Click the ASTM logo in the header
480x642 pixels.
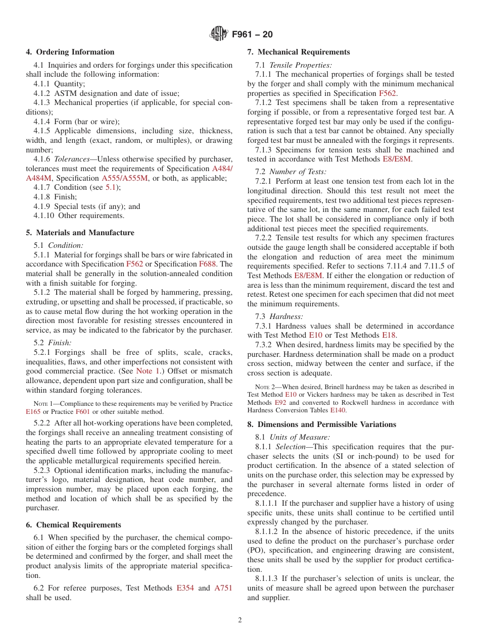point(218,34)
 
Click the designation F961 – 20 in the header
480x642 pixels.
point(252,34)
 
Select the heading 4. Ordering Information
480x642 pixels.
point(70,52)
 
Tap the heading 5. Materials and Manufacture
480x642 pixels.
point(80,233)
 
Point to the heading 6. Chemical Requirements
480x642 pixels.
point(74,525)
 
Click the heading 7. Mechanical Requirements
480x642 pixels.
point(299,52)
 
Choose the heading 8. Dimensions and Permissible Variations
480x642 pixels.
point(322,424)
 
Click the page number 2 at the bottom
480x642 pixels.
point(240,620)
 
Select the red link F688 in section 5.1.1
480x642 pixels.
point(208,264)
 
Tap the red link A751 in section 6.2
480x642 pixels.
point(223,589)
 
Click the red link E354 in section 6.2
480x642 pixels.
point(185,589)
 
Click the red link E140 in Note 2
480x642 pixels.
point(338,410)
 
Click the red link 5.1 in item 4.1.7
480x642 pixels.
point(111,187)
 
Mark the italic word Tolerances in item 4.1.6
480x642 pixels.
point(72,159)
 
